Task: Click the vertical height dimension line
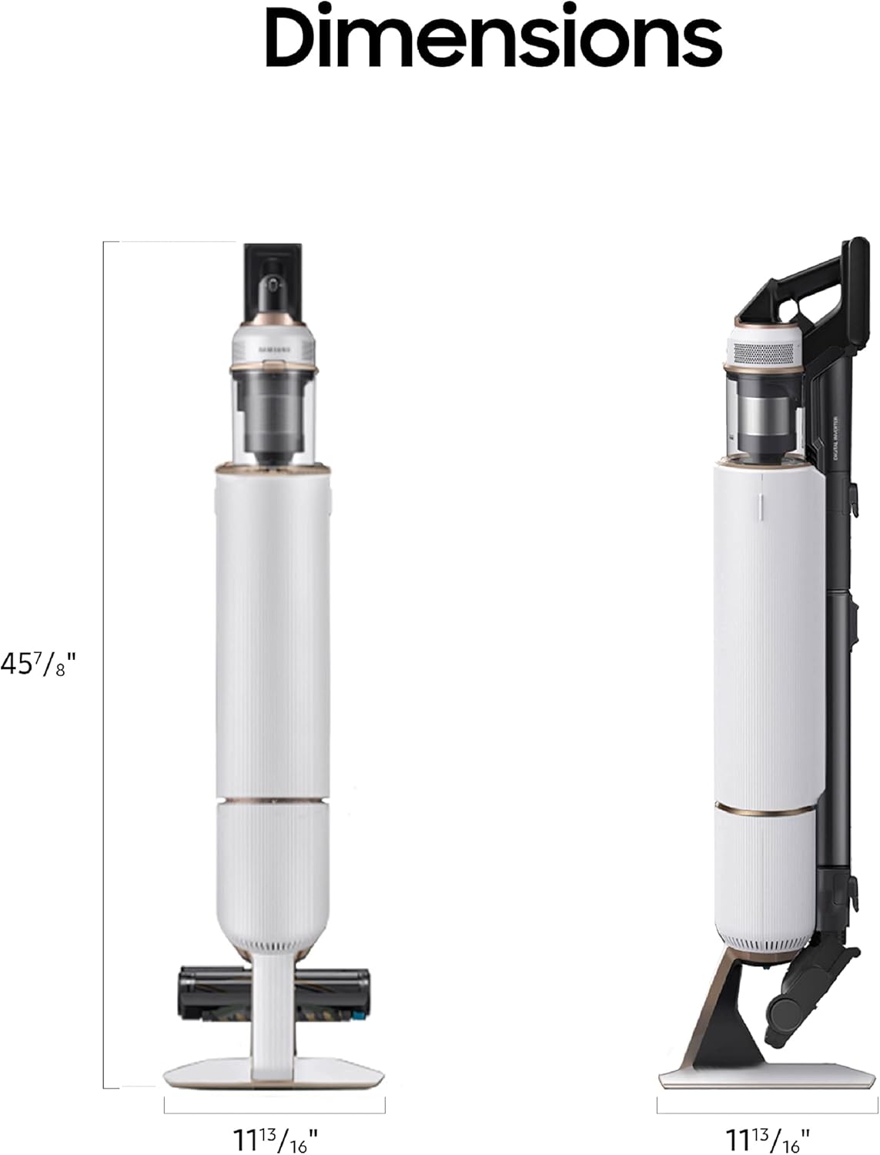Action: click(x=104, y=665)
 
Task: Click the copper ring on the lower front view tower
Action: click(x=275, y=801)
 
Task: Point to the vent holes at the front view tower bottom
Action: click(x=275, y=941)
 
